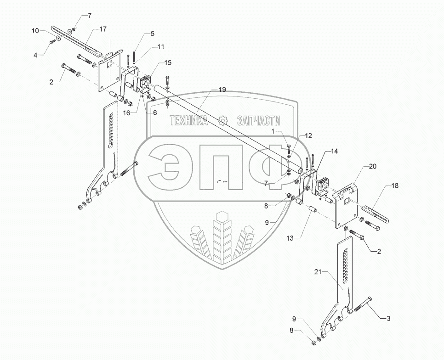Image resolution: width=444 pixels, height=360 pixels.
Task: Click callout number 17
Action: [x=102, y=29]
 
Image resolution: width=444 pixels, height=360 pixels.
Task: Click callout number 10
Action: [x=35, y=31]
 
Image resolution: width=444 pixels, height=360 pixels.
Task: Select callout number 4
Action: [x=35, y=56]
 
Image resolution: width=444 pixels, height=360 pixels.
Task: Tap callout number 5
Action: [x=152, y=34]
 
